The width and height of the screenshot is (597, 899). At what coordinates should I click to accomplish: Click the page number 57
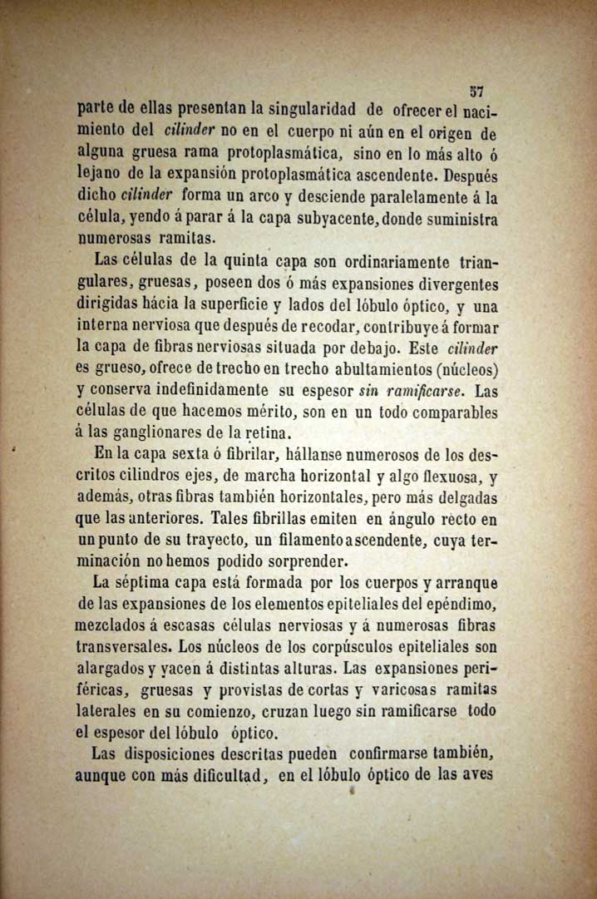click(x=476, y=91)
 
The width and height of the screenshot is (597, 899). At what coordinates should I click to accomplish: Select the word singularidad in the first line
click(x=311, y=109)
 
